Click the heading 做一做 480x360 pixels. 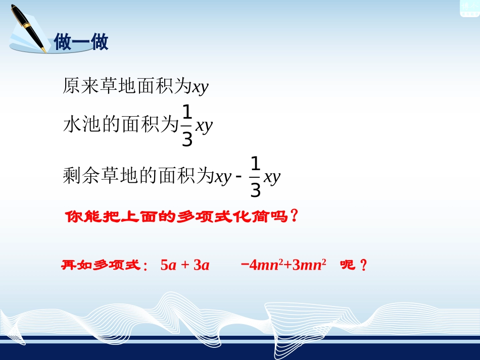pos(81,42)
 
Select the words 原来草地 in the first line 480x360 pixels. pos(92,86)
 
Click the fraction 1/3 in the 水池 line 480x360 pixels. pos(187,126)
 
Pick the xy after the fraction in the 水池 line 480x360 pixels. pos(204,125)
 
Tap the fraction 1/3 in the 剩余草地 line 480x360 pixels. pos(256,177)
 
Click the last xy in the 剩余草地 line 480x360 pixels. pos(272,177)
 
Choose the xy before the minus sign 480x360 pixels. pos(223,177)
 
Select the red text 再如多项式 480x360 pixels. pos(100,265)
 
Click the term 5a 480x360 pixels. pos(169,265)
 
